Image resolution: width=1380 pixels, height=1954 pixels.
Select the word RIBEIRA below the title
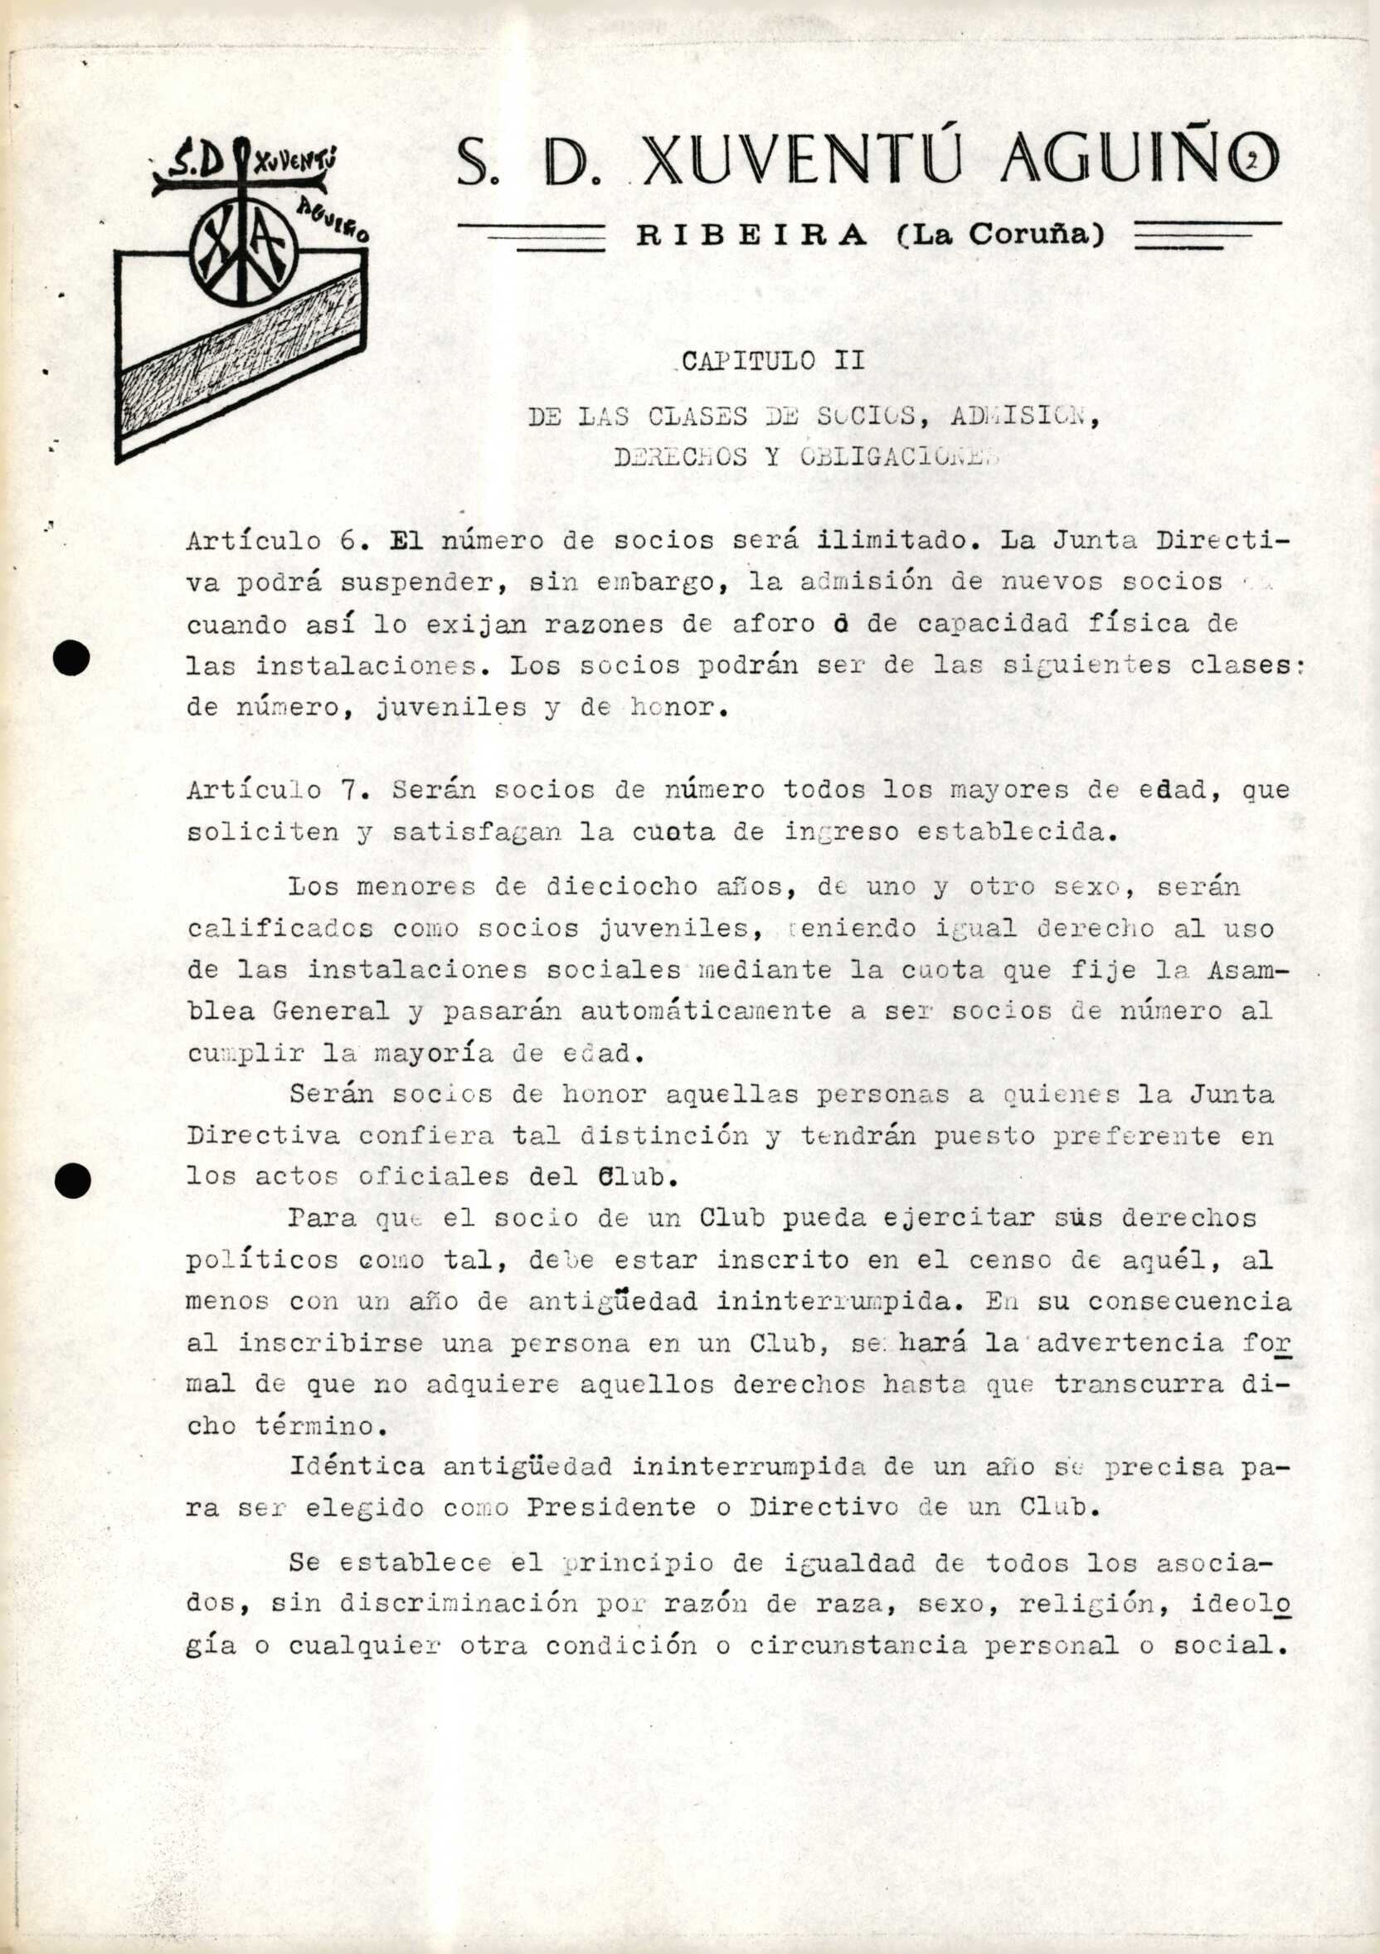pyautogui.click(x=751, y=235)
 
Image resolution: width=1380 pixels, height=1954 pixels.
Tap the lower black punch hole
pyautogui.click(x=72, y=1181)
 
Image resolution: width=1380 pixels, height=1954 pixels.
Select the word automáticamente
pyautogui.click(x=695, y=1011)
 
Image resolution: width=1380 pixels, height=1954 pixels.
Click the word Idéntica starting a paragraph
pyautogui.click(x=357, y=1466)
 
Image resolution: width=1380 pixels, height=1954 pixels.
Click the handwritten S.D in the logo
pyautogui.click(x=196, y=163)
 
